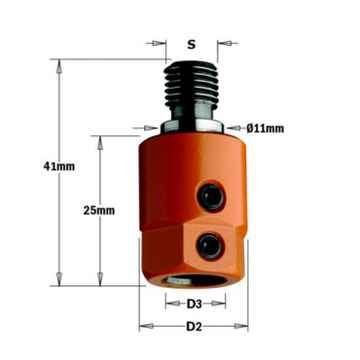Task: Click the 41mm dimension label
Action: pyautogui.click(x=59, y=166)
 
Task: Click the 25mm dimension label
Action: pyautogui.click(x=99, y=210)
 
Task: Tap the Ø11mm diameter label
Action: pyautogui.click(x=265, y=128)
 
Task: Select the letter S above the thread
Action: pyautogui.click(x=192, y=45)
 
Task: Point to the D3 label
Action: pyautogui.click(x=195, y=304)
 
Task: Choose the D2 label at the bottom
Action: pyautogui.click(x=195, y=326)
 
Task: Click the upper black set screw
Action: pyautogui.click(x=210, y=196)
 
